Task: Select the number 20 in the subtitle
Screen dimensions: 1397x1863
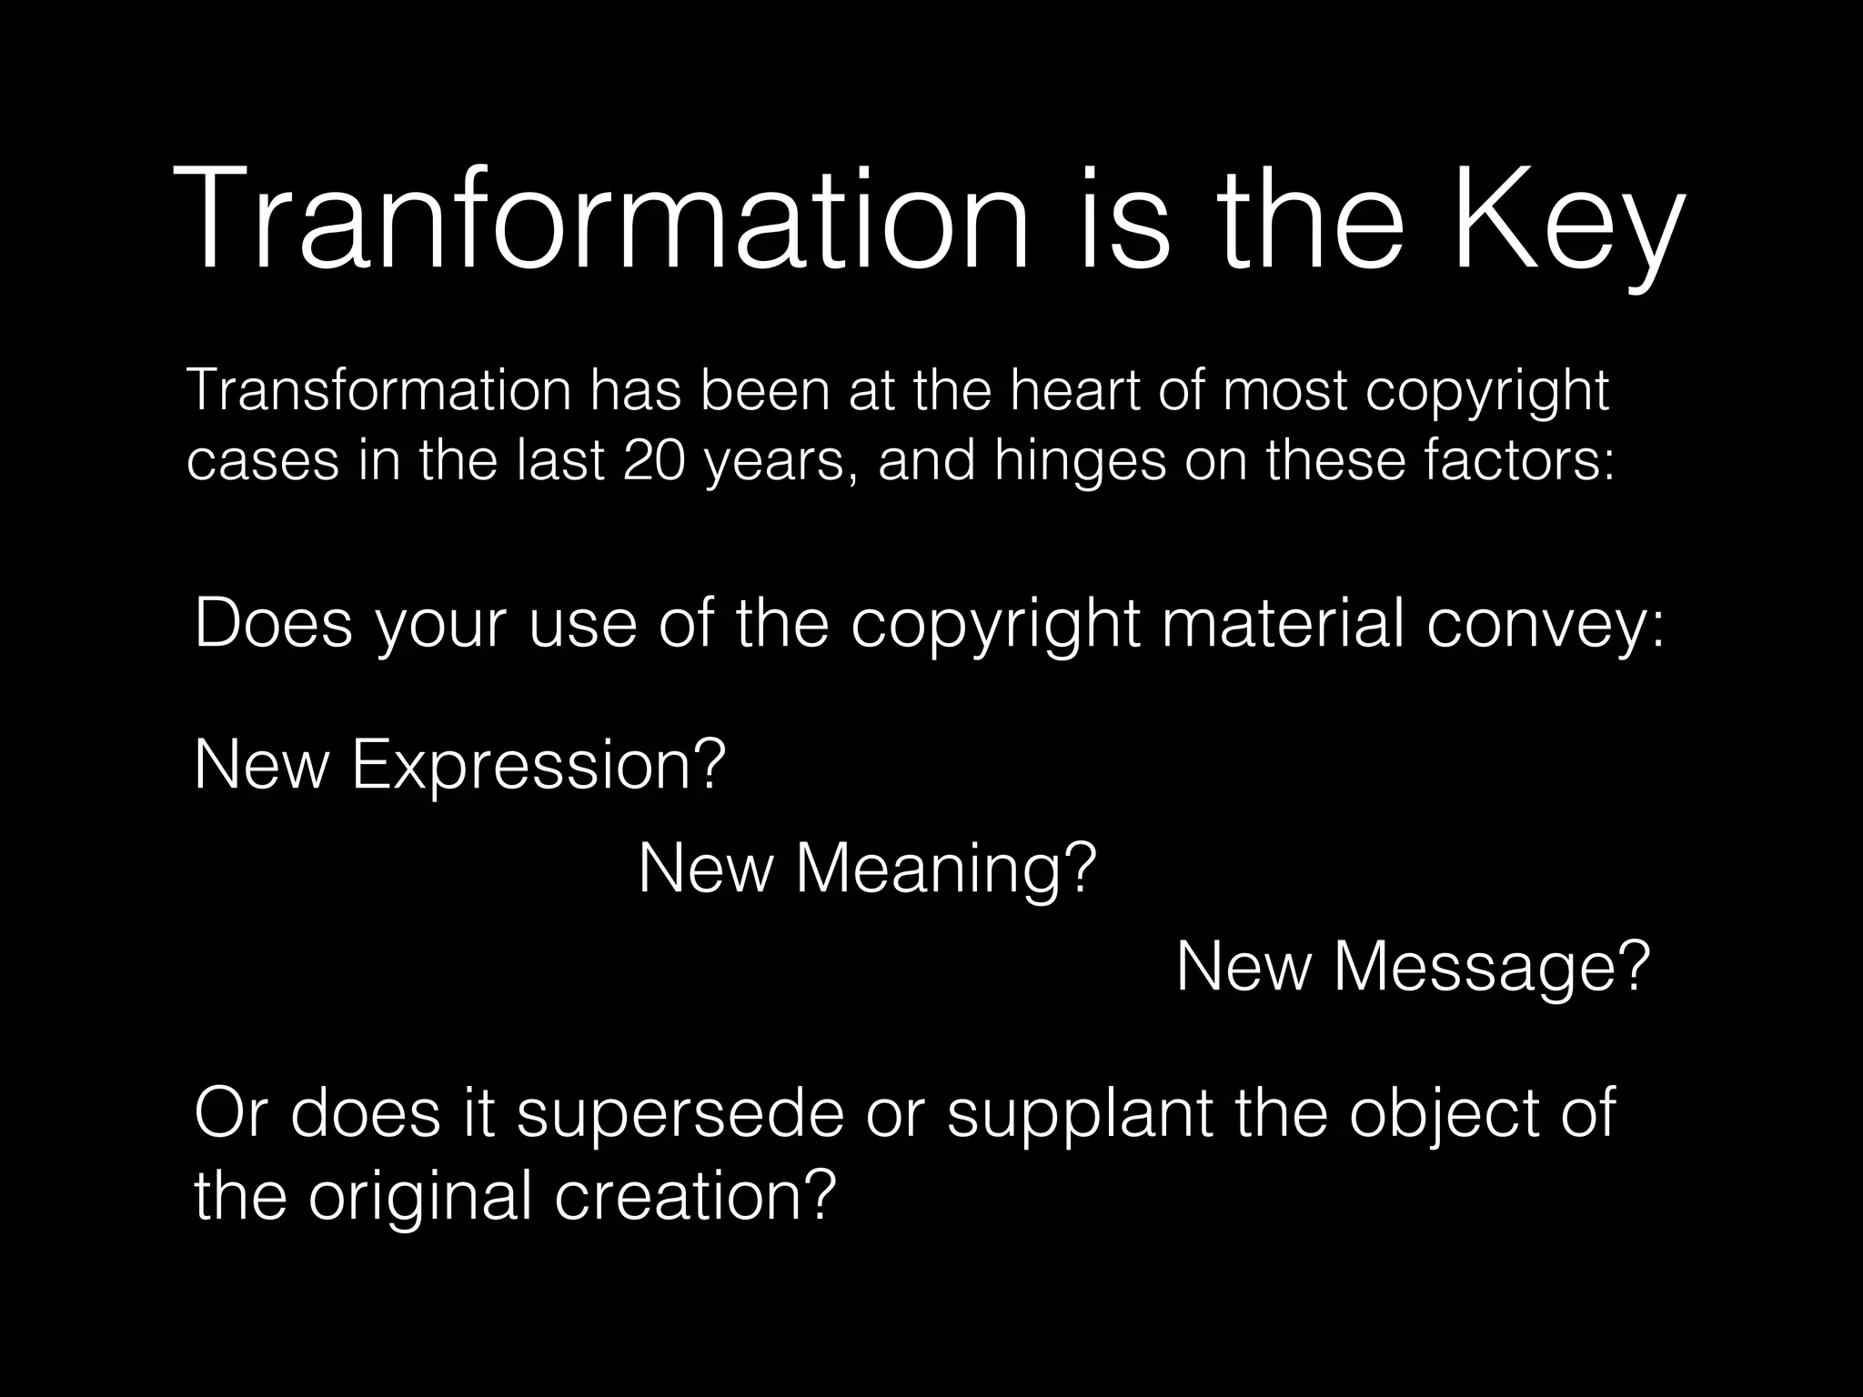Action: tap(654, 459)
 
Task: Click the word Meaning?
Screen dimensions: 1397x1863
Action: tap(946, 869)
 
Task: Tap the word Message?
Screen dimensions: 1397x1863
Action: tap(1492, 968)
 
